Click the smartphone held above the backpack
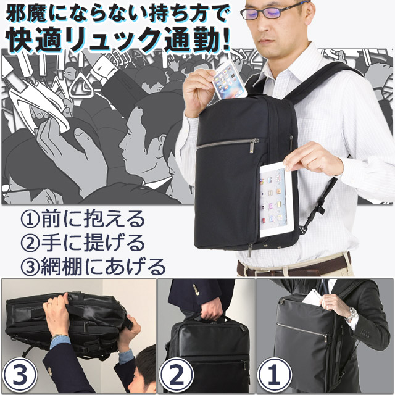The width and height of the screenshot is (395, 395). coord(230,79)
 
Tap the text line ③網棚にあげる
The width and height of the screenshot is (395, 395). coord(93,265)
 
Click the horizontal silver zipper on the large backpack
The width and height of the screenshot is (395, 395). coord(228,143)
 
